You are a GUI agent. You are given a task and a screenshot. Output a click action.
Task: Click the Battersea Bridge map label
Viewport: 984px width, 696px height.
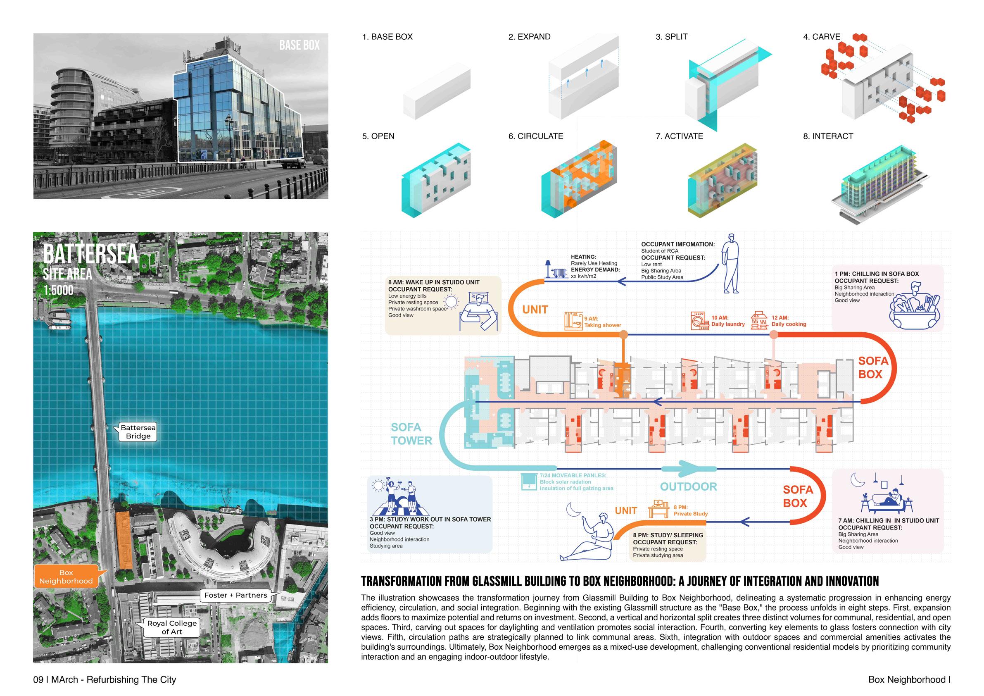pyautogui.click(x=138, y=431)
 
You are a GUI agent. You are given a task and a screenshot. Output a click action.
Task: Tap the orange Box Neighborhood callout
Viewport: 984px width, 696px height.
pyautogui.click(x=66, y=577)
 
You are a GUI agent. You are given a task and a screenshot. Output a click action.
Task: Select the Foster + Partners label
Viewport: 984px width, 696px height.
pyautogui.click(x=236, y=595)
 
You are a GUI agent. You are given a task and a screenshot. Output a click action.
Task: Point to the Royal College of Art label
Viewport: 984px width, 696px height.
pyautogui.click(x=172, y=627)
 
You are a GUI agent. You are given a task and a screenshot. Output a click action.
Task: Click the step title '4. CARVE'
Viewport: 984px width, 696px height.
pyautogui.click(x=822, y=37)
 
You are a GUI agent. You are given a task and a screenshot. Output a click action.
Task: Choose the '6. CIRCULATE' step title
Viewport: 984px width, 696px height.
pyautogui.click(x=536, y=136)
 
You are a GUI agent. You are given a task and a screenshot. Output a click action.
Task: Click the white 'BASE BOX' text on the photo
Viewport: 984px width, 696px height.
pyautogui.click(x=299, y=45)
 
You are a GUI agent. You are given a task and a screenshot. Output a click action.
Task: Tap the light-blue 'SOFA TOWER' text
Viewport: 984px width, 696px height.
pyautogui.click(x=411, y=434)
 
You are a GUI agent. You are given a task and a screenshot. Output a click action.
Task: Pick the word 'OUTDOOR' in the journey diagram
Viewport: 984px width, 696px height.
pyautogui.click(x=688, y=486)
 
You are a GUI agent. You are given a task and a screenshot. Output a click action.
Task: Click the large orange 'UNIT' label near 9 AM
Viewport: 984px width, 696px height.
pyautogui.click(x=535, y=309)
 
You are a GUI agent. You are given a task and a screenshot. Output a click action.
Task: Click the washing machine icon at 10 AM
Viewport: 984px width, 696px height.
pyautogui.click(x=699, y=321)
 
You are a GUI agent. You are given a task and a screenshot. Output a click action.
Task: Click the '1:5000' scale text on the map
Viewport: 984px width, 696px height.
pyautogui.click(x=58, y=290)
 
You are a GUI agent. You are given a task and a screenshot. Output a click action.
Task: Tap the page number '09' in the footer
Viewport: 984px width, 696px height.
pyautogui.click(x=38, y=680)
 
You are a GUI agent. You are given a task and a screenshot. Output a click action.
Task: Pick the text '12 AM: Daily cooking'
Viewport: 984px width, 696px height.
pyautogui.click(x=789, y=321)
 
